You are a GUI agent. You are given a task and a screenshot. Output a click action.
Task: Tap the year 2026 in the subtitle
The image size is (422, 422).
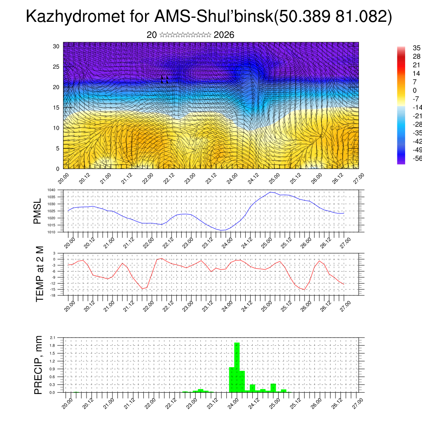[224, 35]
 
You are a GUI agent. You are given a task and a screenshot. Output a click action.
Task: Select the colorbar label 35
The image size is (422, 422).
[411, 48]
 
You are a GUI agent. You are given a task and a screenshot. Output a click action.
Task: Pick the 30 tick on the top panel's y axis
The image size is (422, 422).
[56, 46]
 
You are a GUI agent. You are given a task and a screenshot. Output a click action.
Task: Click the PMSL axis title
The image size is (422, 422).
[38, 211]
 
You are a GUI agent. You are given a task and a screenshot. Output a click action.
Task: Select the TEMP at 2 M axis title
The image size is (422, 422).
[40, 274]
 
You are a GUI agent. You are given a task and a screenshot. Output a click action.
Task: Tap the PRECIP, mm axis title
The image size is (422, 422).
[38, 365]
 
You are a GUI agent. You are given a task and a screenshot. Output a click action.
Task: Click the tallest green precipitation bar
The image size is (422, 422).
[237, 367]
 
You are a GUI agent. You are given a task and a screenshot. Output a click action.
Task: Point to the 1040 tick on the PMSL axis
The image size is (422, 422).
[51, 190]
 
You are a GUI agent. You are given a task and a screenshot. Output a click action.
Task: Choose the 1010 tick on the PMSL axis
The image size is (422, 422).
[51, 232]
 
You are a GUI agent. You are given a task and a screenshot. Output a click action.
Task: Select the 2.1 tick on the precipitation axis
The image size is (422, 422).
[52, 338]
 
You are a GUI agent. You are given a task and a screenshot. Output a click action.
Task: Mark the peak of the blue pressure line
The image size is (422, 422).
[270, 192]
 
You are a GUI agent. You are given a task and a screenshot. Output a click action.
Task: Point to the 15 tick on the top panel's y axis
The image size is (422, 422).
[56, 108]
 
